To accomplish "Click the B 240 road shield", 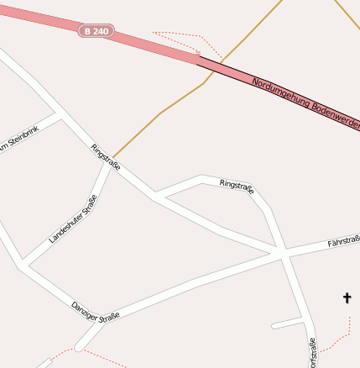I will pos(97,31).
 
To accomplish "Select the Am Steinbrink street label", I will pos(19,140).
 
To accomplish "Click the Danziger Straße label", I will pos(96,311).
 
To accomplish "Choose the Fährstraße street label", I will pos(343,242).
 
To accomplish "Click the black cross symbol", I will pos(347,297).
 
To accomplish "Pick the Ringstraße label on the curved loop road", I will pos(237,187).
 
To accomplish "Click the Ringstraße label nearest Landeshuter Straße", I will pos(106,157).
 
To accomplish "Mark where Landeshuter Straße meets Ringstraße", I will pos(108,164).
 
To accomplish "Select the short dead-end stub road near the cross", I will pos(287,323).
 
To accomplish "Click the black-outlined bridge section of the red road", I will pos(277,92).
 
